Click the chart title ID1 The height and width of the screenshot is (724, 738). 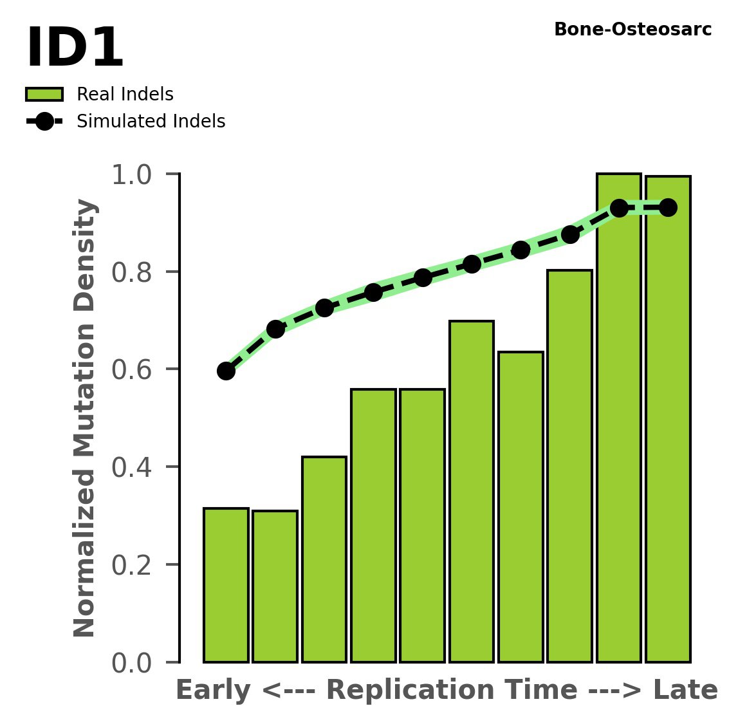(x=74, y=49)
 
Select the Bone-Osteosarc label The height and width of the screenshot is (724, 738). (x=632, y=30)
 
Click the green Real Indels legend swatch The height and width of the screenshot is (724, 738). (x=44, y=95)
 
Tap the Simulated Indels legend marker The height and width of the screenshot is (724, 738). (x=44, y=122)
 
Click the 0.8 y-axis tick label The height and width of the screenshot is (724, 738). (x=131, y=272)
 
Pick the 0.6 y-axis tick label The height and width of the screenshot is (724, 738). (x=131, y=369)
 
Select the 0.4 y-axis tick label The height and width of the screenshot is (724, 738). (x=131, y=467)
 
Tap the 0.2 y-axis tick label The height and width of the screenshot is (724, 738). (x=131, y=565)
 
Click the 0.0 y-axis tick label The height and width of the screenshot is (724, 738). (x=131, y=663)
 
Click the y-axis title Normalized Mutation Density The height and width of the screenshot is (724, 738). (x=85, y=418)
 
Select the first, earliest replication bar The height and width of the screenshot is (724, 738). (x=226, y=585)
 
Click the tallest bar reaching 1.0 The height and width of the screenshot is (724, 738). (x=618, y=418)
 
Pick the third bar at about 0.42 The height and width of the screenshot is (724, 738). (x=324, y=559)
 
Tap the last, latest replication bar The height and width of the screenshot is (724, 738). (x=668, y=418)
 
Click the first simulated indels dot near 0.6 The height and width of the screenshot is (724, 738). (x=226, y=371)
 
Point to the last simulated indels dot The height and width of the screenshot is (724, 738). (x=668, y=207)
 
